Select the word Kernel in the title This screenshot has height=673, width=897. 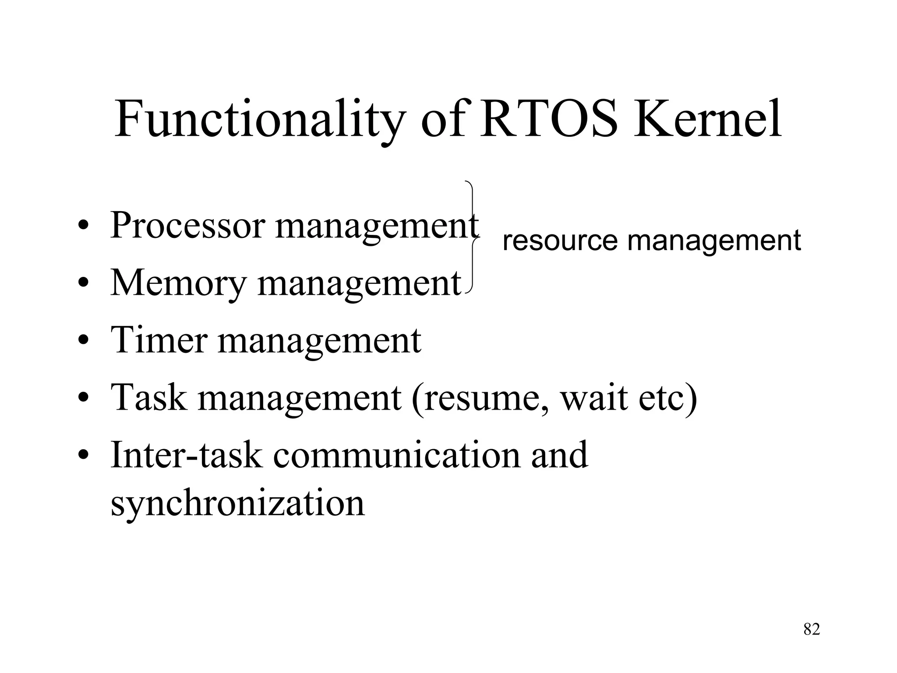707,119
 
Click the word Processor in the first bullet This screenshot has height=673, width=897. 188,226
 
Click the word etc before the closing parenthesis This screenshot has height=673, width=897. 661,398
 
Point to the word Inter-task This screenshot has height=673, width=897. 187,455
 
